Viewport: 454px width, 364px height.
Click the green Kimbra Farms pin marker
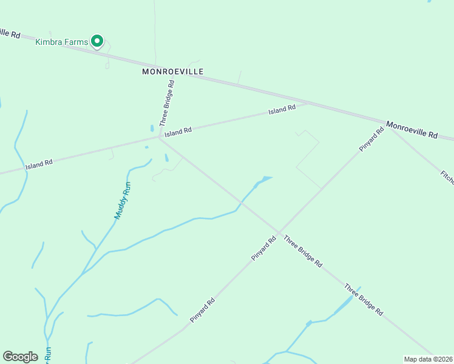(x=97, y=41)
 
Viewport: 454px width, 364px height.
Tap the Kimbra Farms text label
(x=62, y=41)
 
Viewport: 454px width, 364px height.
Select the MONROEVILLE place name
(x=172, y=72)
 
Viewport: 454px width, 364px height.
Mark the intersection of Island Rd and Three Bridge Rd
(x=159, y=137)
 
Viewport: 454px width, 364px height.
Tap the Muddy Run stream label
(x=123, y=200)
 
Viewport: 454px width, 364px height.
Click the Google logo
(x=20, y=357)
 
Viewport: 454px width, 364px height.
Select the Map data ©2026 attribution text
(x=428, y=359)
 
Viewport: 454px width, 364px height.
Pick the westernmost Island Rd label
(x=39, y=164)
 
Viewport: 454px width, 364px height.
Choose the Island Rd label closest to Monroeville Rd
(x=282, y=110)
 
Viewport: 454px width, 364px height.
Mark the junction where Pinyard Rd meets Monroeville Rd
(x=387, y=124)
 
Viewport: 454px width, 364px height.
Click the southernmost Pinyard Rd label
(x=203, y=310)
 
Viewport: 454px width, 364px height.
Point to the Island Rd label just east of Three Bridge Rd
(x=178, y=131)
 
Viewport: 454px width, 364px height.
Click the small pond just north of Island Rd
(x=151, y=129)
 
